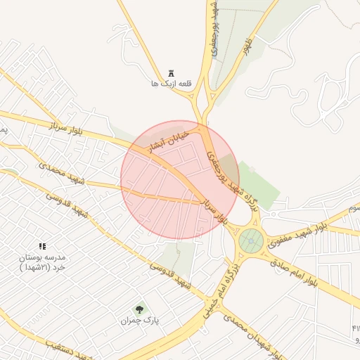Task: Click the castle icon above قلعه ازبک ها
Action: click(x=171, y=74)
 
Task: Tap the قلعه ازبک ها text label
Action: click(x=171, y=84)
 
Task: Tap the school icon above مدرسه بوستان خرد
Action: click(x=42, y=247)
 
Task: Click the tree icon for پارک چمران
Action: click(x=139, y=309)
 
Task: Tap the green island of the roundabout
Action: click(x=250, y=241)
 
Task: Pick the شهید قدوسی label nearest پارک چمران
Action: click(x=172, y=274)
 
